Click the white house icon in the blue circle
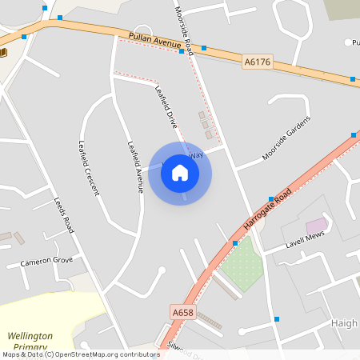click(x=180, y=173)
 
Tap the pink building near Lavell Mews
click(x=317, y=225)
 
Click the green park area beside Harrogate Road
click(x=242, y=263)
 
